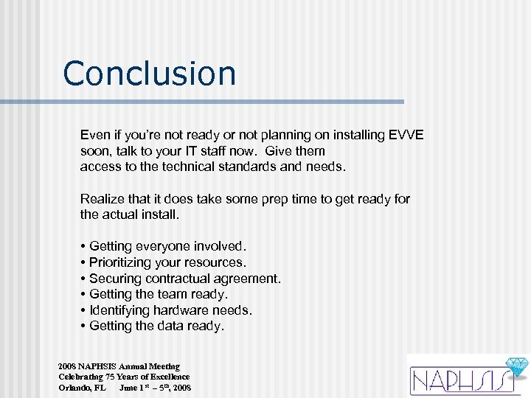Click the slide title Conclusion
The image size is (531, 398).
click(x=150, y=74)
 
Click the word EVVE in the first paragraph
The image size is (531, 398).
click(x=406, y=136)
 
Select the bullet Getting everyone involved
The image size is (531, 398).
click(x=167, y=246)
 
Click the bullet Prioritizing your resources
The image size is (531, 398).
click(x=167, y=262)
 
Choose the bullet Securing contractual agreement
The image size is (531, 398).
click(x=184, y=279)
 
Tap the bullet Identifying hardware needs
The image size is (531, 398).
click(x=170, y=310)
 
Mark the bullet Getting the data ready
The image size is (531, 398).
click(x=156, y=326)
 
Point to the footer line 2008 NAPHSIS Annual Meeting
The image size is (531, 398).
click(x=119, y=366)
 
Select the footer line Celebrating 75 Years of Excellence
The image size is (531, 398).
click(x=124, y=377)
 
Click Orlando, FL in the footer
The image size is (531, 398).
click(x=82, y=388)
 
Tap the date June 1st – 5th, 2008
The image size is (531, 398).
click(x=155, y=388)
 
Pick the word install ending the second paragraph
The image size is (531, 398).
click(x=163, y=215)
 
